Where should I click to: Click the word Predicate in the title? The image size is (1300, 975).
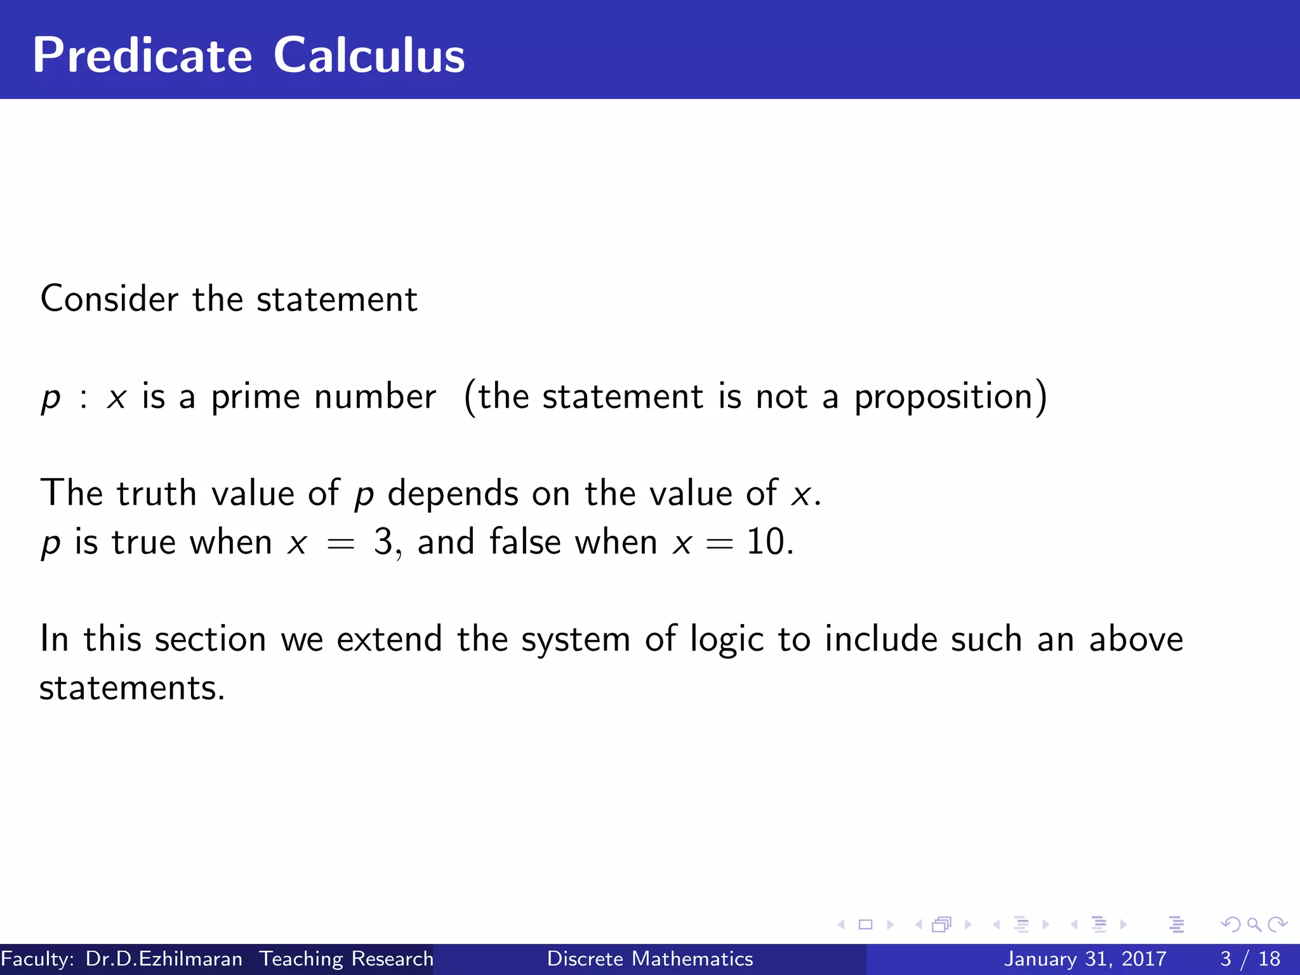click(x=142, y=56)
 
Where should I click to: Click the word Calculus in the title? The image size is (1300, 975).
click(x=369, y=56)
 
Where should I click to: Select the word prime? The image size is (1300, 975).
click(x=256, y=398)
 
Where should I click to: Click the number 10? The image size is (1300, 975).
click(x=766, y=542)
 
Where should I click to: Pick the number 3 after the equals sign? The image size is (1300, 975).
click(x=383, y=542)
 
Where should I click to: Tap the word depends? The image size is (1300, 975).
click(x=453, y=493)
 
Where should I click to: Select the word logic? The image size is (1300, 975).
click(x=726, y=640)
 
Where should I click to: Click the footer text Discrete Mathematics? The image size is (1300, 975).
click(x=650, y=958)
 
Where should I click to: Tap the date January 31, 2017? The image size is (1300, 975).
click(x=1085, y=958)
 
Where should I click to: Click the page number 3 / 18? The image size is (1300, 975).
click(x=1250, y=958)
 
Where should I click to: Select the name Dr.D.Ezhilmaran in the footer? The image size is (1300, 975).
click(x=164, y=958)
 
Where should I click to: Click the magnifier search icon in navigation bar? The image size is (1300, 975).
click(x=1254, y=925)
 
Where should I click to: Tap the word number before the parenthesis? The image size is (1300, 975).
click(x=375, y=398)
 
